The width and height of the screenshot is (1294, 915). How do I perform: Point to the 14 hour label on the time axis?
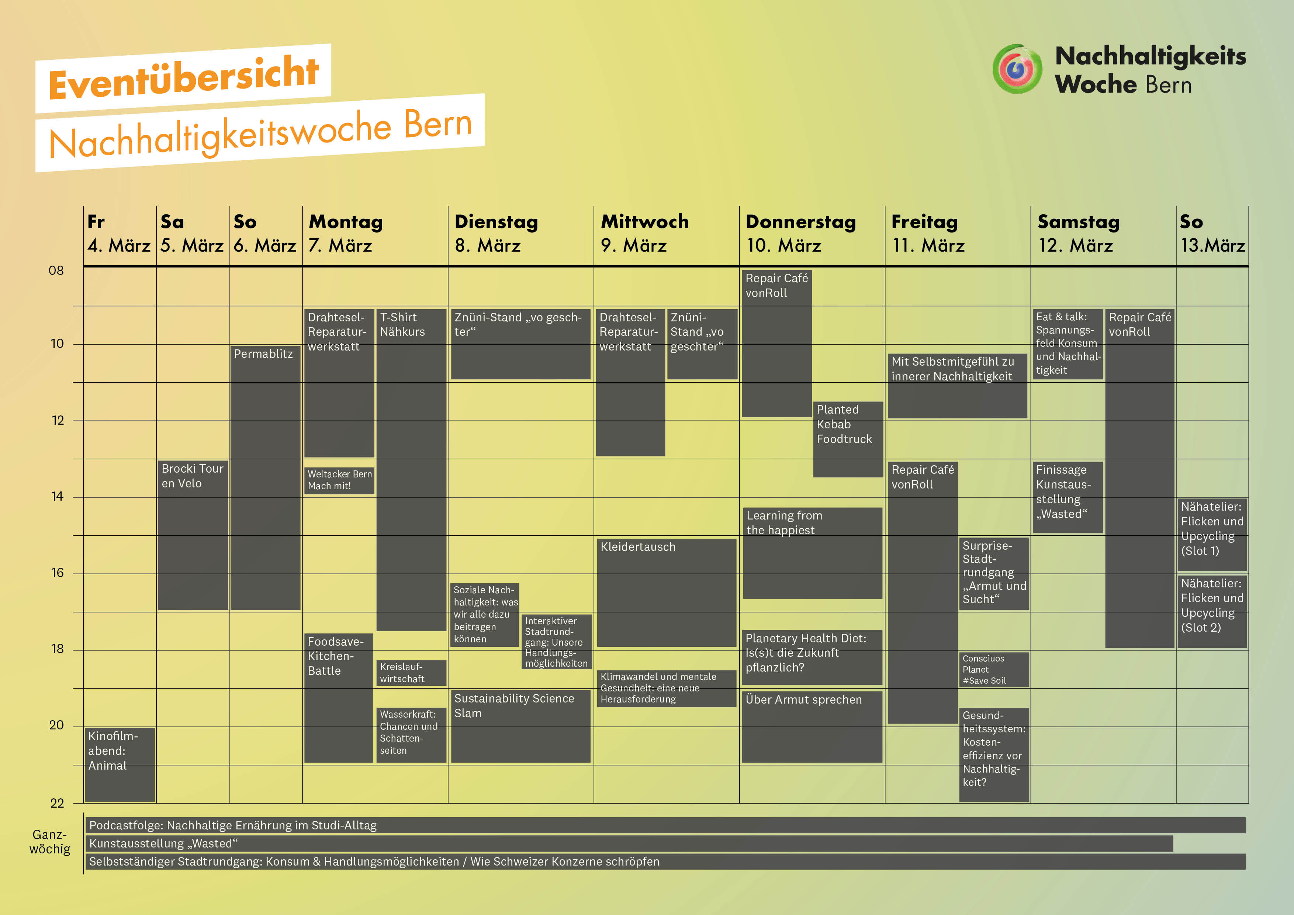click(57, 497)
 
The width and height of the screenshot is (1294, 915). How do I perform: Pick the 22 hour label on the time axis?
click(57, 803)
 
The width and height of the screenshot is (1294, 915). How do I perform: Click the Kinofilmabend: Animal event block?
click(120, 764)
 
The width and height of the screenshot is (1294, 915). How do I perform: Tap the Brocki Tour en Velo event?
click(193, 534)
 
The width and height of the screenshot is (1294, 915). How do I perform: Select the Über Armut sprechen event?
click(812, 726)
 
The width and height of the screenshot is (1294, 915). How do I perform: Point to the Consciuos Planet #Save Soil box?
click(994, 669)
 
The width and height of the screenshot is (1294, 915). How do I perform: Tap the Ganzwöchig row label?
click(49, 842)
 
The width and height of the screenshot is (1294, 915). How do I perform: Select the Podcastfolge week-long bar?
click(665, 825)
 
